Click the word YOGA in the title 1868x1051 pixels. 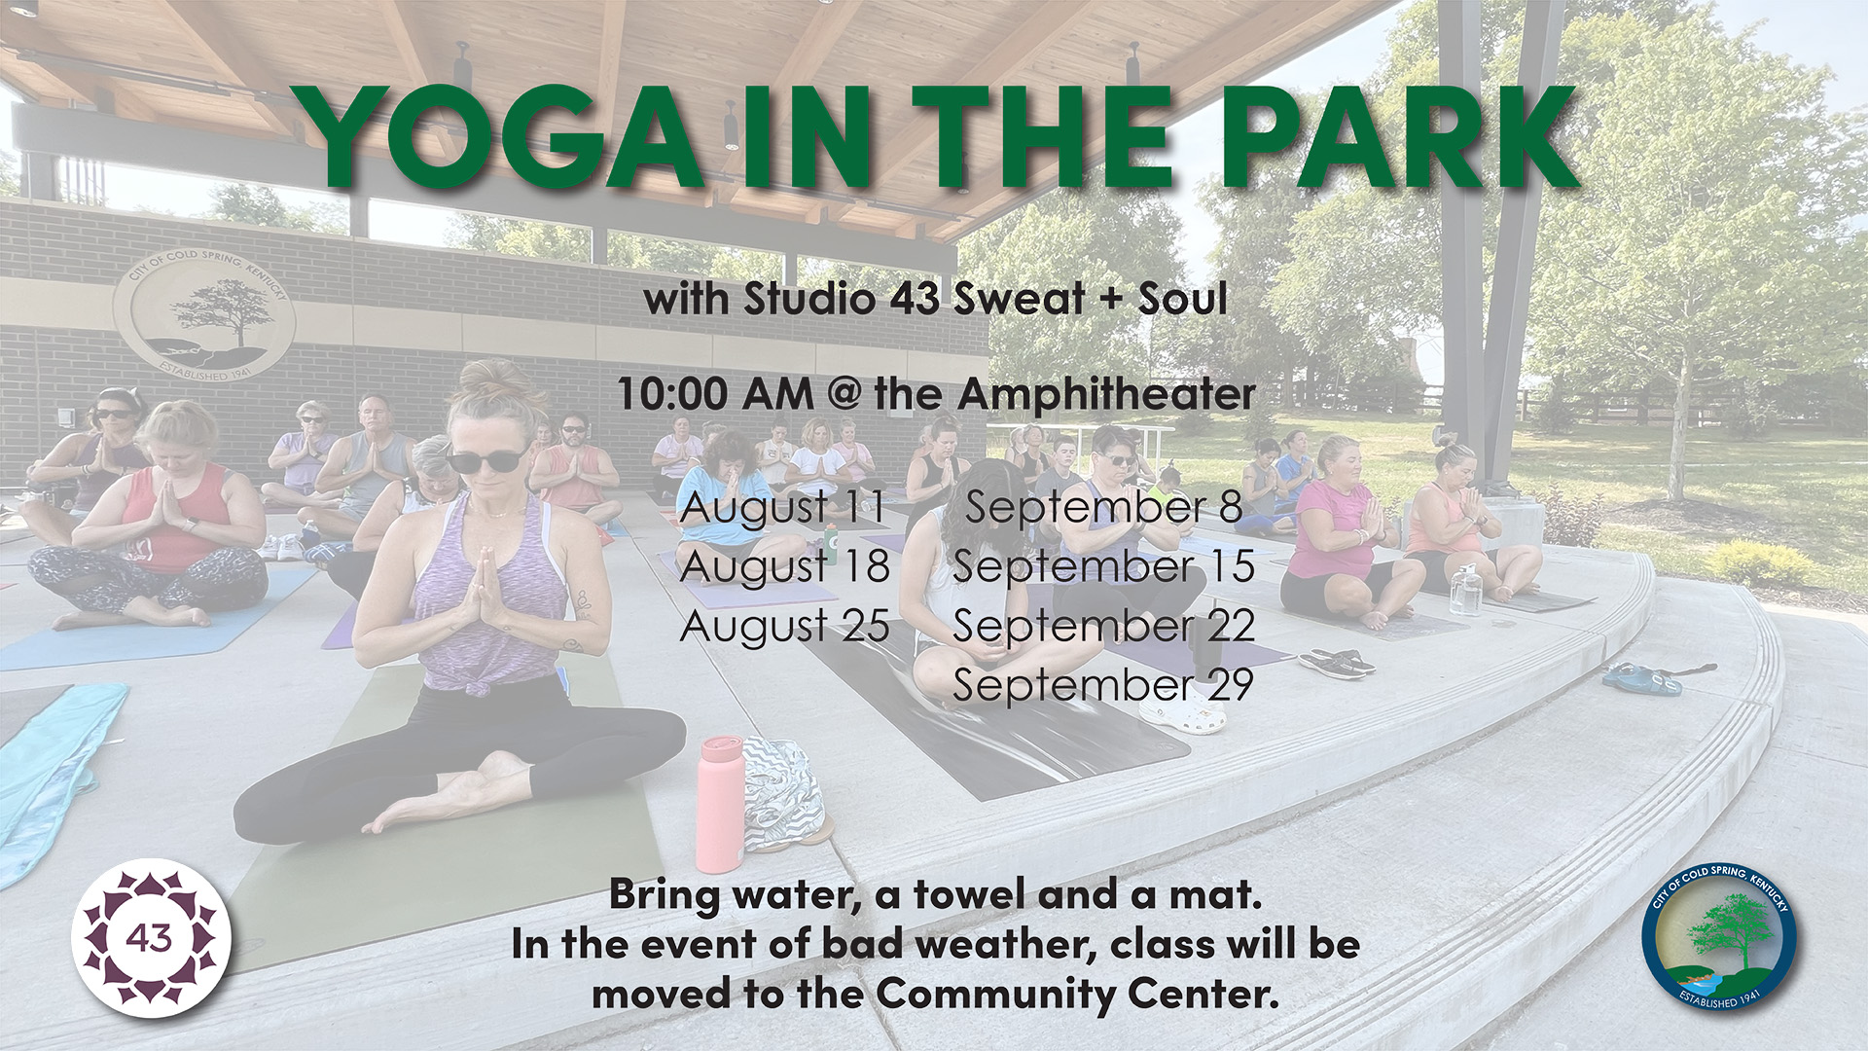[503, 137]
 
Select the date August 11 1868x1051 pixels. [782, 508]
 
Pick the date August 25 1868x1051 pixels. [784, 627]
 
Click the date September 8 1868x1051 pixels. [1103, 508]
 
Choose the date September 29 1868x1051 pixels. [1103, 685]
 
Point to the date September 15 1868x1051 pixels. [1103, 567]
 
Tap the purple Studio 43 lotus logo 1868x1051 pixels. [151, 938]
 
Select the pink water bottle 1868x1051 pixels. [720, 805]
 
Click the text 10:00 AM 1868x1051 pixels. [715, 394]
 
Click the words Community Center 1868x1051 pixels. [1076, 995]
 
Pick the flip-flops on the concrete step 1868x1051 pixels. [1336, 663]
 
